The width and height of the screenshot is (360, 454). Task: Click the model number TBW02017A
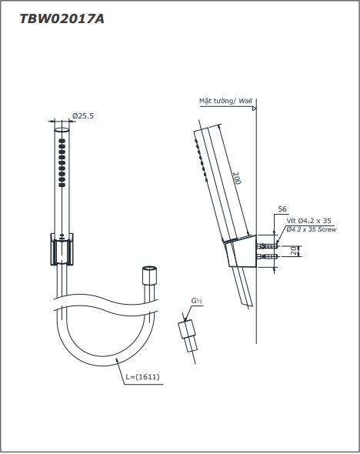[62, 19]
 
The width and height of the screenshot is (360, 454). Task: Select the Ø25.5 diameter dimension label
[83, 116]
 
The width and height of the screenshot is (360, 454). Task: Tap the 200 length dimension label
[237, 178]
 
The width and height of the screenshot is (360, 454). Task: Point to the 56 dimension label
[282, 209]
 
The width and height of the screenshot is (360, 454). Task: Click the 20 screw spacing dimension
[294, 251]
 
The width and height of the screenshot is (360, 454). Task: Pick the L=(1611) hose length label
[142, 377]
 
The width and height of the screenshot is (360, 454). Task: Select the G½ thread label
[196, 301]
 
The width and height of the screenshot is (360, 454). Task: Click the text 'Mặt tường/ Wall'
[225, 101]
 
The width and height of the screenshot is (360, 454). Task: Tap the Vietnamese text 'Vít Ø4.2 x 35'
[308, 221]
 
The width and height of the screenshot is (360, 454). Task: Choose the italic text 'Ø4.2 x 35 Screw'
[312, 229]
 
